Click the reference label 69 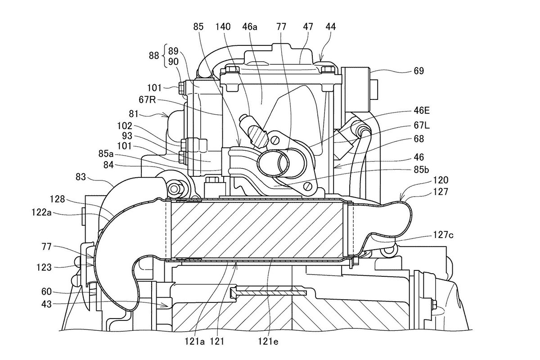[419, 71]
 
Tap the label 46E [422, 111]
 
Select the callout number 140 [223, 27]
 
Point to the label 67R [147, 99]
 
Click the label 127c [443, 235]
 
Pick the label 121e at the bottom [268, 341]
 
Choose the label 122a [41, 212]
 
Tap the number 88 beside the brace [154, 56]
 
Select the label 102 [125, 126]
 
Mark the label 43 [46, 304]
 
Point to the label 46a [250, 27]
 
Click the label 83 [81, 177]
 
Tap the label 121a [194, 341]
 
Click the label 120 [441, 180]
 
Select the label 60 [46, 292]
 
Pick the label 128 [58, 199]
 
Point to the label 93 [127, 136]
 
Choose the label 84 [108, 165]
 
